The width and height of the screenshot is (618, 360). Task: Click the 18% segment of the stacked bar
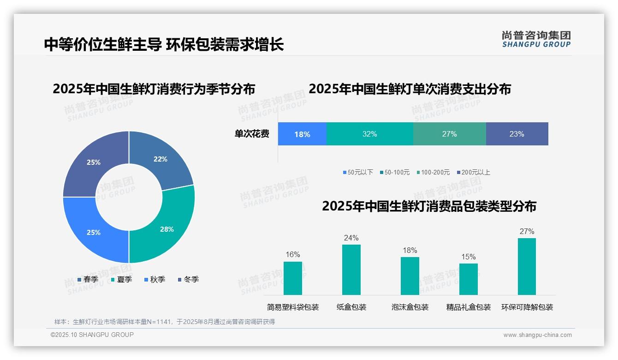[302, 134]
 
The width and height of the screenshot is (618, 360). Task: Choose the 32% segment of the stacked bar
[369, 134]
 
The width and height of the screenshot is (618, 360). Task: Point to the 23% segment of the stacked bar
[517, 134]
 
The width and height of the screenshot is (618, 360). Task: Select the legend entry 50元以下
[358, 172]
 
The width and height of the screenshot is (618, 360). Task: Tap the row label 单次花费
[252, 134]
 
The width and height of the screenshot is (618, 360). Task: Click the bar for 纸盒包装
[351, 270]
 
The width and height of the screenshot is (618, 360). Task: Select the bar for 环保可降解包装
[527, 267]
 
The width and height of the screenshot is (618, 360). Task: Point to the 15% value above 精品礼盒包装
[469, 257]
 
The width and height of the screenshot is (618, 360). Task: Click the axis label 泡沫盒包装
[410, 307]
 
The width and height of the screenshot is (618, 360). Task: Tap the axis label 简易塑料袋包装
[293, 307]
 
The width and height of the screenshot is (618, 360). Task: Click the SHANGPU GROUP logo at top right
[536, 39]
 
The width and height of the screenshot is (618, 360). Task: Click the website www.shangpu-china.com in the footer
[537, 335]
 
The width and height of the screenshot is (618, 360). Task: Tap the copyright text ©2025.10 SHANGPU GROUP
[92, 335]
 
